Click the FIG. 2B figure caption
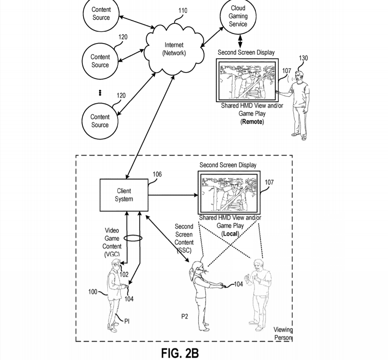[x=180, y=353]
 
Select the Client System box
[x=124, y=195]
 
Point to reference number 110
[x=183, y=11]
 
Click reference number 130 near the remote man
[x=303, y=58]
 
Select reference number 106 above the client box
[x=157, y=174]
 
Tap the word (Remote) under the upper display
[x=252, y=122]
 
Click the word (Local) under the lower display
[x=230, y=234]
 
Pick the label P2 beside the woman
[x=185, y=317]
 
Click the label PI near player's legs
[x=127, y=321]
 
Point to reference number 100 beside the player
[x=93, y=292]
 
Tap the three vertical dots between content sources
[x=100, y=93]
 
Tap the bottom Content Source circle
[x=100, y=121]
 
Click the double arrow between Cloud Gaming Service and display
[x=240, y=41]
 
